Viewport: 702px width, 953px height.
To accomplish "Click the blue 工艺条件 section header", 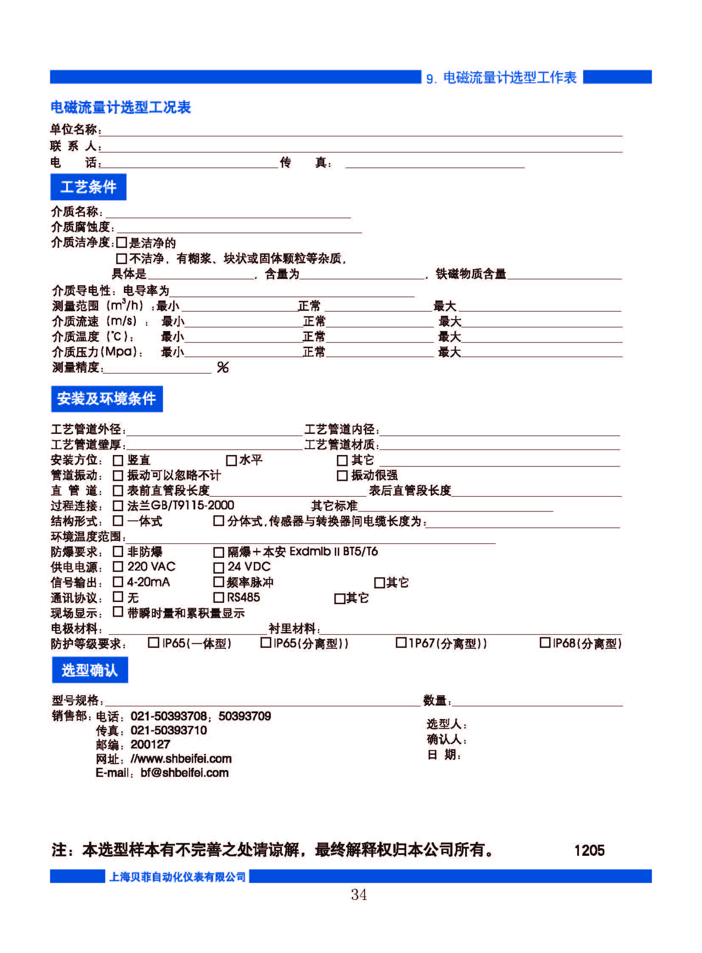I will click(x=88, y=187).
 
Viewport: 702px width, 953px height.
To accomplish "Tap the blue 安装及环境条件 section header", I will click(x=107, y=399).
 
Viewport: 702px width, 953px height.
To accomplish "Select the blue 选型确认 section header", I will click(x=90, y=670).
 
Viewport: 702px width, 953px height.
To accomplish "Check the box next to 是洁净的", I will click(x=121, y=242).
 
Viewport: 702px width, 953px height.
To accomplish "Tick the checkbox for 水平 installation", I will click(x=231, y=460).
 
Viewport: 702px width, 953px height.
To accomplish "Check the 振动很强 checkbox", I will click(x=342, y=475).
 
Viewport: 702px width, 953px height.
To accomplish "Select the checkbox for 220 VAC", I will click(x=118, y=567).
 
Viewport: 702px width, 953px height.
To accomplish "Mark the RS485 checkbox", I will click(x=219, y=597).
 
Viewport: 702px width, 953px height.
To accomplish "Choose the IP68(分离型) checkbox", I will click(x=545, y=642).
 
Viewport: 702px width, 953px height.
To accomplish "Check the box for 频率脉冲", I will click(x=219, y=582).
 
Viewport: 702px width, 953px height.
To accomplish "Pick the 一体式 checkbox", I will click(x=118, y=521).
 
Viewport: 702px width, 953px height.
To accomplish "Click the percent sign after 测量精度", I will click(x=223, y=367).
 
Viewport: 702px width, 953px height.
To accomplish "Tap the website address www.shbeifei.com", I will click(x=181, y=759).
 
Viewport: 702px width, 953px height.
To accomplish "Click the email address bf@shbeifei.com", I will click(x=185, y=773).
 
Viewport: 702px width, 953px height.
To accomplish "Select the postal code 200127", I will click(x=150, y=744).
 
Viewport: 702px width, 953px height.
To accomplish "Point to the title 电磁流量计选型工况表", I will click(x=121, y=107).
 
